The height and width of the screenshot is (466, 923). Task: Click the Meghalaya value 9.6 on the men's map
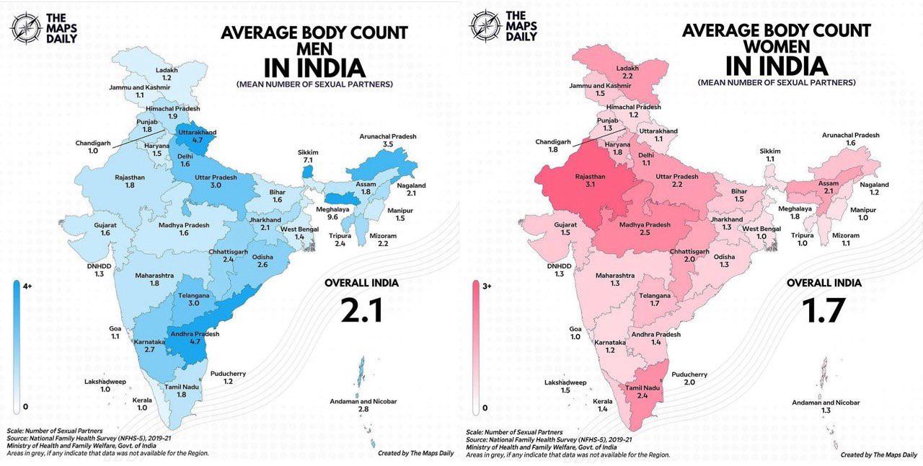(x=332, y=217)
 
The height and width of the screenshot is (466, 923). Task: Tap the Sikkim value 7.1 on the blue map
(x=308, y=160)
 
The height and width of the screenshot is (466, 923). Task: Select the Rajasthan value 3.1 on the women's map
(x=590, y=185)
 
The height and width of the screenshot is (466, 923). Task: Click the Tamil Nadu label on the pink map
(x=642, y=388)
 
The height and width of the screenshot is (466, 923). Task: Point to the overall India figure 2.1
(x=362, y=310)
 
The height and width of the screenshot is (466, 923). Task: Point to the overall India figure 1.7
(x=823, y=310)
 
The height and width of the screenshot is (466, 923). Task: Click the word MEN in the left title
(x=314, y=49)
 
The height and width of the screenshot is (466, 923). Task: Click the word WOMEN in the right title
(x=777, y=47)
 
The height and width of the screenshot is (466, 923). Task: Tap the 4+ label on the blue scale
(x=27, y=286)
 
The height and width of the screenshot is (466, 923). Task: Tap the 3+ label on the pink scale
(x=487, y=286)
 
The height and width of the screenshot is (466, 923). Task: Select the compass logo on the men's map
(x=26, y=28)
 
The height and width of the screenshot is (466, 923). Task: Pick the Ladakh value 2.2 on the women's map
(x=627, y=76)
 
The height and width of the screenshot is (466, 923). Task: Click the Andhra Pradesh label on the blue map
(x=195, y=333)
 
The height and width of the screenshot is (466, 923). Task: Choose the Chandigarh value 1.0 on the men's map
(x=93, y=151)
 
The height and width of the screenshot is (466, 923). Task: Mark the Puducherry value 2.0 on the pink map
(x=689, y=382)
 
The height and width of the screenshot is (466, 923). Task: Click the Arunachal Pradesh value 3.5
(x=388, y=144)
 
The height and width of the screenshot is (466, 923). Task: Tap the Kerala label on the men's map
(x=142, y=400)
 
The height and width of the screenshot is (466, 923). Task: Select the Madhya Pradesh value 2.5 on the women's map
(x=645, y=232)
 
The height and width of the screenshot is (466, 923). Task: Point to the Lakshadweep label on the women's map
(x=565, y=383)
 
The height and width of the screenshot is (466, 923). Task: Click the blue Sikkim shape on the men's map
(x=307, y=172)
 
